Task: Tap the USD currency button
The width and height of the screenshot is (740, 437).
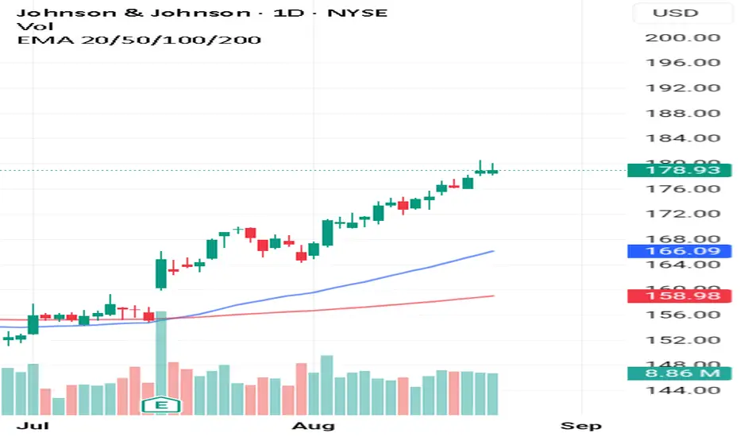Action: pyautogui.click(x=675, y=13)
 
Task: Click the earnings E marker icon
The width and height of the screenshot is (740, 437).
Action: pyautogui.click(x=161, y=406)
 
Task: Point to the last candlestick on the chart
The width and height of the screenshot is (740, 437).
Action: pyautogui.click(x=492, y=170)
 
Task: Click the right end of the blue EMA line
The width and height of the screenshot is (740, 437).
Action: pyautogui.click(x=492, y=251)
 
